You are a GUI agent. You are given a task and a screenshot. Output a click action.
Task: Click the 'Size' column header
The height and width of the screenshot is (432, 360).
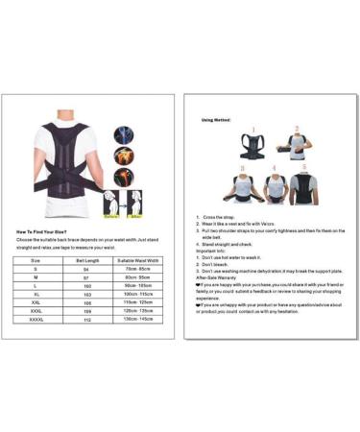(35, 260)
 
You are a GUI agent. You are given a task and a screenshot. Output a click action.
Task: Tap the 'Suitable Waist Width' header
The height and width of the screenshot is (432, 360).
(138, 260)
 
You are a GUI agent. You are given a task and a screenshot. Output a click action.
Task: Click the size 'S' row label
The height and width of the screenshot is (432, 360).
(35, 270)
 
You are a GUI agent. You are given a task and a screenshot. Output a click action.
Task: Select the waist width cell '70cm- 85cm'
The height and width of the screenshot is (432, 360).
(138, 270)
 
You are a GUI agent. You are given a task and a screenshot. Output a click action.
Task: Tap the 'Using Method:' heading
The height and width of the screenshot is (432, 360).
(217, 120)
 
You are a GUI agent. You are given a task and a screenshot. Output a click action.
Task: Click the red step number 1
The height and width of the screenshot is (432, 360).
(251, 130)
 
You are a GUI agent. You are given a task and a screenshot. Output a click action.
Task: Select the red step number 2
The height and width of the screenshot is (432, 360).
(297, 128)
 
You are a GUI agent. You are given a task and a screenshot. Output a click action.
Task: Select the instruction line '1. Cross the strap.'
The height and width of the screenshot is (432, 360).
(218, 217)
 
